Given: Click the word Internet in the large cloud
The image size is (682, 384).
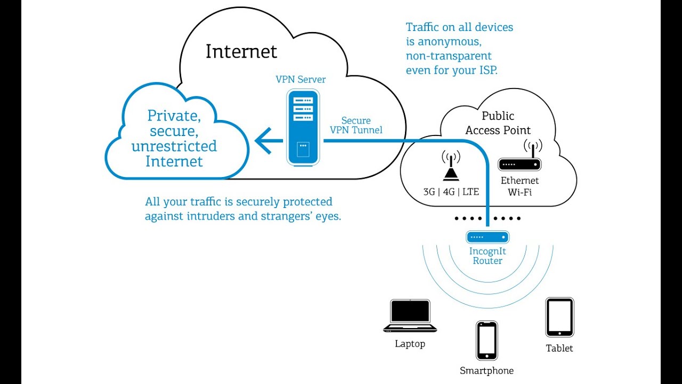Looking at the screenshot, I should (241, 52).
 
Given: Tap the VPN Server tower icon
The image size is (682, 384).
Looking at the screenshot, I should (303, 127).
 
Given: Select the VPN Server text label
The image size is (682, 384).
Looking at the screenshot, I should (301, 79).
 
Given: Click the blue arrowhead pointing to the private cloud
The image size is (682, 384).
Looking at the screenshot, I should (263, 141).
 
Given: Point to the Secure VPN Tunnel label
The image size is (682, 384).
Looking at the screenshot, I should (356, 125).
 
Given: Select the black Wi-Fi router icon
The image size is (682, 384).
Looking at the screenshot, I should (519, 162).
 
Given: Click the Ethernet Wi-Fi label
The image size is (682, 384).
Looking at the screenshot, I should (519, 186).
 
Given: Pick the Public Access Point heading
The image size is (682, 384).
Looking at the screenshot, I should (498, 123).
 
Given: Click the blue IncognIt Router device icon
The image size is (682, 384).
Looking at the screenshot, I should (488, 237).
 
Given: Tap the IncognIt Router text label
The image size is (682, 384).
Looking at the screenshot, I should (488, 256).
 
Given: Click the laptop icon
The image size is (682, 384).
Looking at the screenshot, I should (410, 316).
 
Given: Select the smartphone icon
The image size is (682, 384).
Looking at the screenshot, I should (486, 340).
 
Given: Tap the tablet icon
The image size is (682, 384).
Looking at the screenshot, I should (559, 317).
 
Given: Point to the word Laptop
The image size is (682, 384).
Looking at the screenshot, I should (410, 344).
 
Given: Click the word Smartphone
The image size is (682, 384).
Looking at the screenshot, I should (486, 371).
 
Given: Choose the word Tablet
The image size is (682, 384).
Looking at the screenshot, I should (559, 348).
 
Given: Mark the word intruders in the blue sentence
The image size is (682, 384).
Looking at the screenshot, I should (210, 217).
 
